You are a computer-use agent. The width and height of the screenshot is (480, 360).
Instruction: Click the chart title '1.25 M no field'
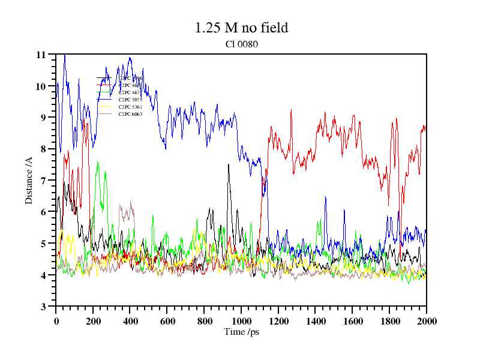(x=241, y=28)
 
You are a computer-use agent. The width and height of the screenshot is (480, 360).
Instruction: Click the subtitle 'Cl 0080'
(x=241, y=44)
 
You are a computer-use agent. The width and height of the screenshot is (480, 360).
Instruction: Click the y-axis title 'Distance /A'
(x=29, y=180)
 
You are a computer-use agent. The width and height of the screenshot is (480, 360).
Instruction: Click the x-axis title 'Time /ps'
(x=241, y=331)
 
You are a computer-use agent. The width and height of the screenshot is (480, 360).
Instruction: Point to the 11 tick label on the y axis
(x=41, y=55)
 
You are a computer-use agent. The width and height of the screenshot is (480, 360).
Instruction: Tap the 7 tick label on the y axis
(x=43, y=181)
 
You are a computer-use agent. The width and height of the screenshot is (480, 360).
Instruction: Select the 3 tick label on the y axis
(x=43, y=307)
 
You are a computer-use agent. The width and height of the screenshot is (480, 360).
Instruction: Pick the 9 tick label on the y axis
(x=43, y=118)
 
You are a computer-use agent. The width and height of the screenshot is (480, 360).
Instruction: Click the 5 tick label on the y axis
(x=43, y=244)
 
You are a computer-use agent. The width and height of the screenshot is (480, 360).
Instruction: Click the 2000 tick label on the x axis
(x=427, y=321)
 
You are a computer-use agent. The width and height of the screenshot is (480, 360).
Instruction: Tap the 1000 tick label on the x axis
(x=241, y=321)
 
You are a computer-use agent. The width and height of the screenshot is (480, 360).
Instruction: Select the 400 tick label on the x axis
(x=130, y=321)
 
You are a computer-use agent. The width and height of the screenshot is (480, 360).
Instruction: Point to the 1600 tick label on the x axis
(x=352, y=321)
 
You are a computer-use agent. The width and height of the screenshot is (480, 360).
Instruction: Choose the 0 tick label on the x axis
(x=56, y=321)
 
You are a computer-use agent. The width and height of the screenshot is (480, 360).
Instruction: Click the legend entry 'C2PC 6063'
(x=130, y=114)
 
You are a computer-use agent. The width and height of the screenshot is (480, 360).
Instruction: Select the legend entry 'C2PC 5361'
(x=130, y=107)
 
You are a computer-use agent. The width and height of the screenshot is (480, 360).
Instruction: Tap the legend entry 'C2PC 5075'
(x=130, y=100)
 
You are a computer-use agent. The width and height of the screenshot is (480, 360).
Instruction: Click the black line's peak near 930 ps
(x=228, y=164)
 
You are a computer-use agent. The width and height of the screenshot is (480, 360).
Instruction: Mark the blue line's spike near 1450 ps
(x=325, y=197)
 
